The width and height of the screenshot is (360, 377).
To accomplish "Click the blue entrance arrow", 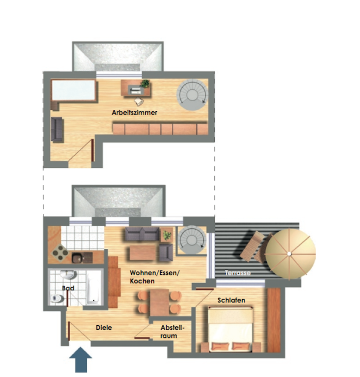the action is coord(81,360).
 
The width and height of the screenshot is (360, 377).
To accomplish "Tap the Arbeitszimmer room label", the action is coord(134,113).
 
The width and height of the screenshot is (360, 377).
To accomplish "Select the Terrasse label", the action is coord(237,273).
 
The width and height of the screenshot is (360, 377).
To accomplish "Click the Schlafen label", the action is coord(231,300).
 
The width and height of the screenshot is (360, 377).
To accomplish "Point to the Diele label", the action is coord(104,328).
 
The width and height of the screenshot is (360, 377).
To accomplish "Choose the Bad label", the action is coord(68,288).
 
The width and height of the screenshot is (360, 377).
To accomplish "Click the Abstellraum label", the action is coord(172,332).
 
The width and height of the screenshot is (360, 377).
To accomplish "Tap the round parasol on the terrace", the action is coord(290,254).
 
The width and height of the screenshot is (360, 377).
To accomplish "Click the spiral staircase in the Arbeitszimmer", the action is coord(192,95).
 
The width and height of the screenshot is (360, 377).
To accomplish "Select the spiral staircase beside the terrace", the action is coord(192,240).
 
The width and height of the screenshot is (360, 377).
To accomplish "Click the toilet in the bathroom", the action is coord(57,298).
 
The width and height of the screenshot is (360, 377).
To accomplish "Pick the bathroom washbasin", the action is coord(68,275).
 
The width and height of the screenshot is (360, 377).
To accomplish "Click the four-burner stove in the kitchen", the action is coord(60,253).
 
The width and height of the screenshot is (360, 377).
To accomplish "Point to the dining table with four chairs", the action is coord(159,303).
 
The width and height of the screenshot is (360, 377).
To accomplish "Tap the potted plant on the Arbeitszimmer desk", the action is coord(145,84).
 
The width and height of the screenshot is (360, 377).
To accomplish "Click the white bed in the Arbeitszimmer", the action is coord(74,90).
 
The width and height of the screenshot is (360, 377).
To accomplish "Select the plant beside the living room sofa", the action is coord(167,235).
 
